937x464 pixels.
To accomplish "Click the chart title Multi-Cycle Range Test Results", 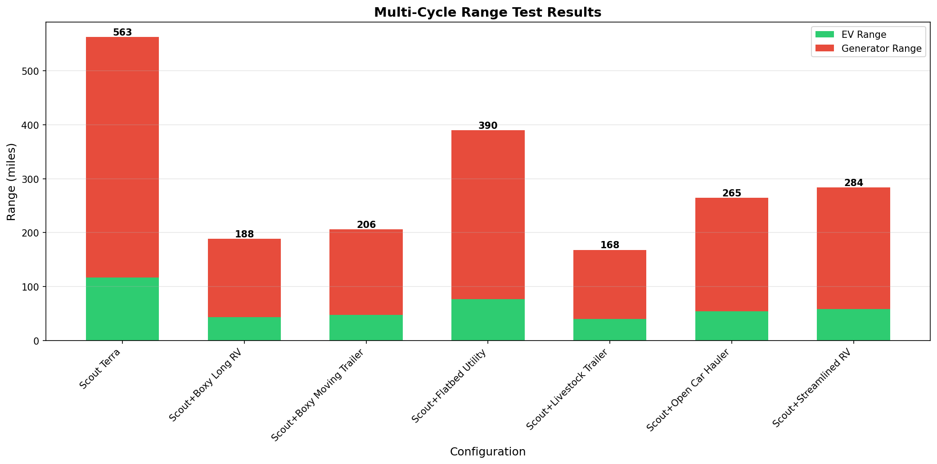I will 487,13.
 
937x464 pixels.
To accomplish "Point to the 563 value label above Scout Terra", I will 122,32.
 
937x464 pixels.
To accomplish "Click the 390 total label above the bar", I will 488,126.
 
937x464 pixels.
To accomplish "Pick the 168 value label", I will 610,245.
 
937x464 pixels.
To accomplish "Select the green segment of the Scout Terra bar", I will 122,309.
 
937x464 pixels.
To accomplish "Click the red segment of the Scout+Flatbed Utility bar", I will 488,214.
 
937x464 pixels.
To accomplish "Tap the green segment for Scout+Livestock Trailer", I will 610,330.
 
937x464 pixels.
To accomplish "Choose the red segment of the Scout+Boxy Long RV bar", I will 244,278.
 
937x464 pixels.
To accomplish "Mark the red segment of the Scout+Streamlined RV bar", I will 853,248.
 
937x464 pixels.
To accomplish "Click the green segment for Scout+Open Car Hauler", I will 731,326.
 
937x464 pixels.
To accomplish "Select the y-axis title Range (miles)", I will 12,182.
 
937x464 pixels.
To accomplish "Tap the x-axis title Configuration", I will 487,452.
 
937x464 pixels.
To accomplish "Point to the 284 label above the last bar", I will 853,183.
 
